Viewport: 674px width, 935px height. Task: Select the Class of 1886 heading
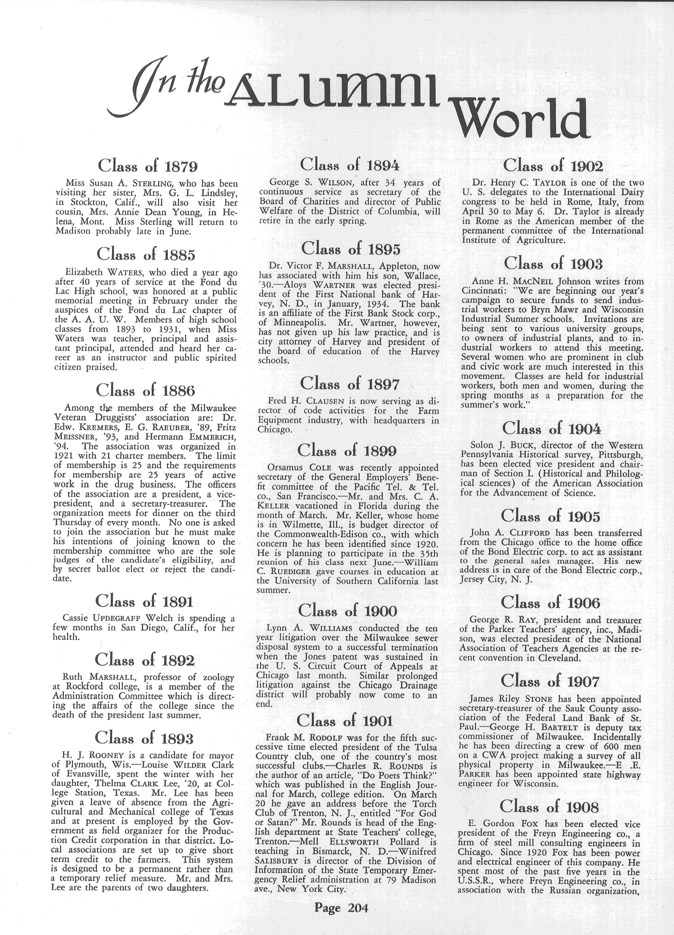pos(145,390)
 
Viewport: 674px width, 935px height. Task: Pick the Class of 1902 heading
pos(553,166)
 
